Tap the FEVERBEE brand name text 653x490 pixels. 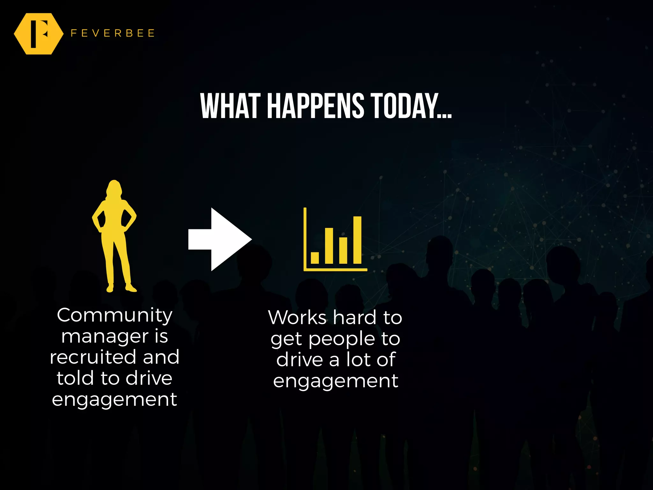point(113,33)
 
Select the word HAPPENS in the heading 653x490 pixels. point(315,106)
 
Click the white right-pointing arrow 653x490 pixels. point(220,239)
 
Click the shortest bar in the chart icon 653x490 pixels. point(315,258)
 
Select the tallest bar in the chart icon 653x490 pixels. point(357,240)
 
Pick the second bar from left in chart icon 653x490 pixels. point(329,246)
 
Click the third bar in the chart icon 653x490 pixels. point(343,250)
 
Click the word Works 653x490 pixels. point(297,318)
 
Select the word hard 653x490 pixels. point(355,318)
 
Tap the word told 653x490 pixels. point(75,378)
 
